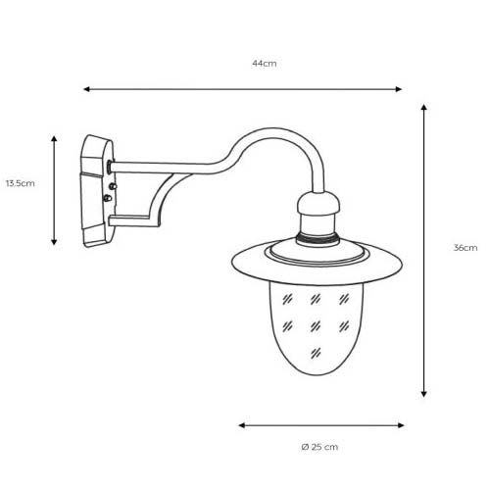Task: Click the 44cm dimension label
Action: pyautogui.click(x=264, y=64)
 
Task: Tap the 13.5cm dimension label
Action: pyautogui.click(x=20, y=183)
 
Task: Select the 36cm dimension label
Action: pyautogui.click(x=465, y=248)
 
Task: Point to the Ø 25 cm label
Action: pyautogui.click(x=319, y=447)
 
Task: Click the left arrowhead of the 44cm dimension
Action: pyautogui.click(x=86, y=89)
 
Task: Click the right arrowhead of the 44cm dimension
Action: pyautogui.click(x=398, y=89)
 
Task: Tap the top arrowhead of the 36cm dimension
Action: pyautogui.click(x=423, y=108)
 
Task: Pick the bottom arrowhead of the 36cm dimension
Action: pyautogui.click(x=423, y=394)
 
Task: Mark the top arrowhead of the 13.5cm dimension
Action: pyautogui.click(x=54, y=139)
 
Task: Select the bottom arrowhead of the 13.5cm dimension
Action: pyautogui.click(x=54, y=242)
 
